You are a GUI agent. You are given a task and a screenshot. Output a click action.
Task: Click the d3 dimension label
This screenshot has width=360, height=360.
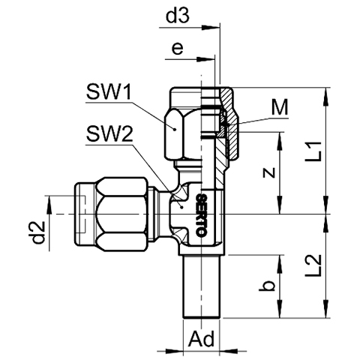point(178,16)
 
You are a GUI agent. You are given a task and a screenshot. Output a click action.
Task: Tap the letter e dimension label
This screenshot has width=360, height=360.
point(178,49)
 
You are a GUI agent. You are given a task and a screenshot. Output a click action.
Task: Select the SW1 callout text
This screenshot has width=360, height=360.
point(109,92)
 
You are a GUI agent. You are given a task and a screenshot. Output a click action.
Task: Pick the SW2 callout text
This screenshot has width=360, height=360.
point(109,135)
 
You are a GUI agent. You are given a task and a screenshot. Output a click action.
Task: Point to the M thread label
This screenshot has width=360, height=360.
point(280,107)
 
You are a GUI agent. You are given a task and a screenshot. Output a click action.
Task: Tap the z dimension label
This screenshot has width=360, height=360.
point(269,172)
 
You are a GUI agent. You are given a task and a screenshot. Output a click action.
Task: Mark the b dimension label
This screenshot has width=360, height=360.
point(267,286)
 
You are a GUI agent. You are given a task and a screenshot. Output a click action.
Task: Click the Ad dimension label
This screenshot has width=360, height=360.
point(202,339)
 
